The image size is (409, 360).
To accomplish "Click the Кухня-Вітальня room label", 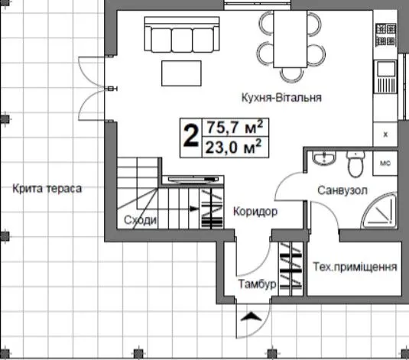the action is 281,98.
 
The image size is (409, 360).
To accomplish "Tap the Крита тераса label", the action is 47,188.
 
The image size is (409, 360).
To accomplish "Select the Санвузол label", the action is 342,190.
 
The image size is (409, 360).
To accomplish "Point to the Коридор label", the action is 255,211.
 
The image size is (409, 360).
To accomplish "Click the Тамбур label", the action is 257,284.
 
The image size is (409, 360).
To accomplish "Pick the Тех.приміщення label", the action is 355,267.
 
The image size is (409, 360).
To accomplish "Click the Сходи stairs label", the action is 141,220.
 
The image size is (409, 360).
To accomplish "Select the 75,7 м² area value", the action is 235,127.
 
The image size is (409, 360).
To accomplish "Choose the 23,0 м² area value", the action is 234,147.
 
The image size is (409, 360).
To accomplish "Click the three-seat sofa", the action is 182,34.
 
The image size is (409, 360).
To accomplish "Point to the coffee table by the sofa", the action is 181,73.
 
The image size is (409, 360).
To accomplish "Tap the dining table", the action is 290,39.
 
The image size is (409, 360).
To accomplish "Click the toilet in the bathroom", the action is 355,164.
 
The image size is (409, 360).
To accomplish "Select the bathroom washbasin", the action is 323,158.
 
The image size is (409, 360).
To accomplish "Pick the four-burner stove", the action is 386,34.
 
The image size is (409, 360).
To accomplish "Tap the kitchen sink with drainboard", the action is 386,76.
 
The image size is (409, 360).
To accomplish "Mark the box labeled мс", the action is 385,163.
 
